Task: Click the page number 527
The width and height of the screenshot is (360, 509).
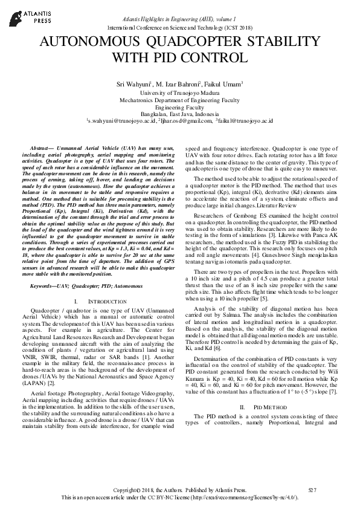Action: coord(312,490)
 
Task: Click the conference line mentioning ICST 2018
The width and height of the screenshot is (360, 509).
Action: coord(179,28)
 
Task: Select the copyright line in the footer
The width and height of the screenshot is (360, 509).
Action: coord(180,490)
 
